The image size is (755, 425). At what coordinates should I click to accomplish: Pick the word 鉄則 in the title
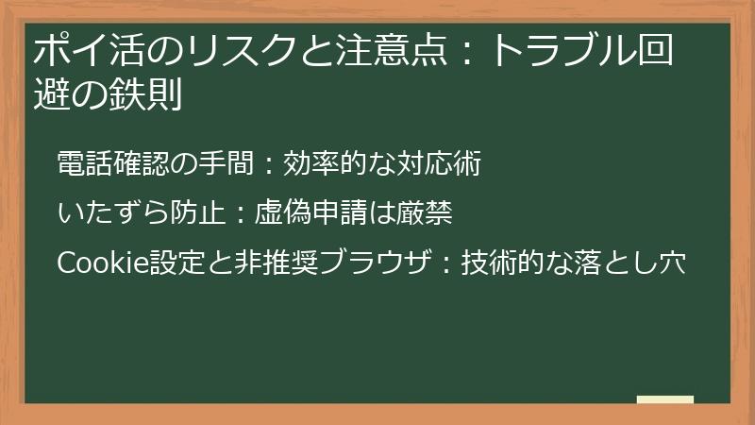click(x=150, y=93)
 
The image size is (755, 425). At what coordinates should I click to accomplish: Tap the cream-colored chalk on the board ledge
click(x=665, y=399)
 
